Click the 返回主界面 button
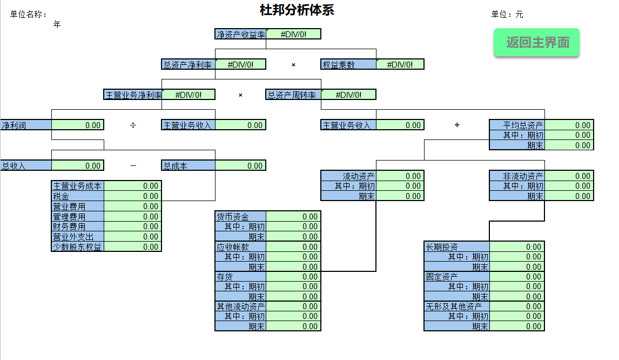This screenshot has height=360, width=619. (537, 43)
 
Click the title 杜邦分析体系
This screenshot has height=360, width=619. (297, 10)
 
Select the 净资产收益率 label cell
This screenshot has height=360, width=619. (240, 34)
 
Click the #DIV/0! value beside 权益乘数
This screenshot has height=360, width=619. (400, 64)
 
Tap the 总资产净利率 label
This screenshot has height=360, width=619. (188, 65)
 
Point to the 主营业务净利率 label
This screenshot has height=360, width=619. (133, 95)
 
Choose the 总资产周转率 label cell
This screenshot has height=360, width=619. (293, 95)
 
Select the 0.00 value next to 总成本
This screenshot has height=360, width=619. (240, 166)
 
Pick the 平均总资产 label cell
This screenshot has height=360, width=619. (516, 125)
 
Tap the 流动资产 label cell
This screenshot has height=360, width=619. (348, 176)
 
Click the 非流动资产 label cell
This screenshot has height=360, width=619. (516, 176)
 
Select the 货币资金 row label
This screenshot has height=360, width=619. (240, 216)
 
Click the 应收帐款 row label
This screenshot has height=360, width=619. (240, 247)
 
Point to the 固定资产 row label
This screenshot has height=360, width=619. (457, 277)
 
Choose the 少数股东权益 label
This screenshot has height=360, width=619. (77, 247)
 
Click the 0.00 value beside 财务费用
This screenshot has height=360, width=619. (133, 226)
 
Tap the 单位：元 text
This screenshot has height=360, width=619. (507, 15)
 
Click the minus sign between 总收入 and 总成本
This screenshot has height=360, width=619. (133, 166)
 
